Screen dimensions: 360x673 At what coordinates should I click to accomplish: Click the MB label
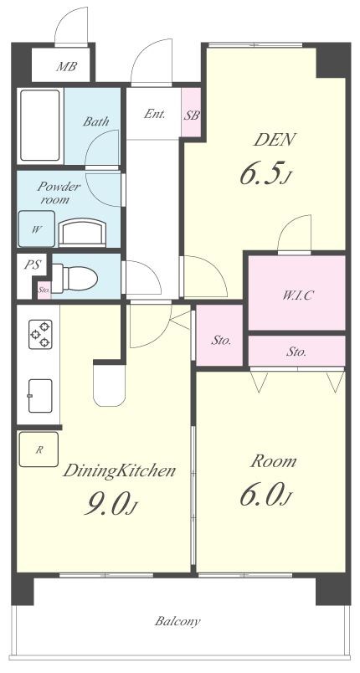point(66,66)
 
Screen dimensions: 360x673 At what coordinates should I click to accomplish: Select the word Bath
point(95,121)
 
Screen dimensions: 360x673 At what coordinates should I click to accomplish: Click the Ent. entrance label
point(155,115)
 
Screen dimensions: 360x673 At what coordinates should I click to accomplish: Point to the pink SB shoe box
point(191,112)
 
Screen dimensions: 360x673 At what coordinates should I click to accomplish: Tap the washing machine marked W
point(37,229)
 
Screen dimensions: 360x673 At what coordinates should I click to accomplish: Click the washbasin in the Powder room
point(82,232)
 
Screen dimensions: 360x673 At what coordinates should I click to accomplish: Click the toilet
point(75,279)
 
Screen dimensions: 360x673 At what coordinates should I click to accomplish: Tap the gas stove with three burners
point(40,334)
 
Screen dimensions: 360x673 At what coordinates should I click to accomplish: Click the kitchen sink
point(40,395)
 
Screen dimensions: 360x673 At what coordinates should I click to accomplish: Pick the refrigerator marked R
point(39,450)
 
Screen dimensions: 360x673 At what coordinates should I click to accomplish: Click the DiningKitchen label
point(119,471)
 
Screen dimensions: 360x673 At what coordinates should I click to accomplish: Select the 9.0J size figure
point(111,504)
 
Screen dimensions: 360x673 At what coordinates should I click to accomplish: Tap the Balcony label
point(177,621)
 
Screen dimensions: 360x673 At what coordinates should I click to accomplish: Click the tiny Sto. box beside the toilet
point(44,290)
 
